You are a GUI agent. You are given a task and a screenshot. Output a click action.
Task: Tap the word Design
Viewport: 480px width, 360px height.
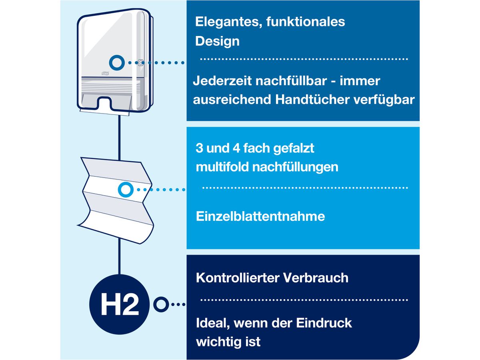point(217,41)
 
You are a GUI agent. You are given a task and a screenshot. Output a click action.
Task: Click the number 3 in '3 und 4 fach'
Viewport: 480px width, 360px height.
point(199,148)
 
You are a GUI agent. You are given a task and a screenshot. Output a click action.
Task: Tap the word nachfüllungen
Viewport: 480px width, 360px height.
point(295,167)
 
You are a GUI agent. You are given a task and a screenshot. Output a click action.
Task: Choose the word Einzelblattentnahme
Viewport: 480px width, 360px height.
point(260,217)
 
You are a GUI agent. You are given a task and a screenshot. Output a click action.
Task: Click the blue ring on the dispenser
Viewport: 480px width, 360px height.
point(117,62)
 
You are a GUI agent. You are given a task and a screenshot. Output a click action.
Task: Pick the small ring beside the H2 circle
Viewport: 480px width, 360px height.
point(161,305)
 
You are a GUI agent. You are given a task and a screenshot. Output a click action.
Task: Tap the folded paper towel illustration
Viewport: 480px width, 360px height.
point(116,200)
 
